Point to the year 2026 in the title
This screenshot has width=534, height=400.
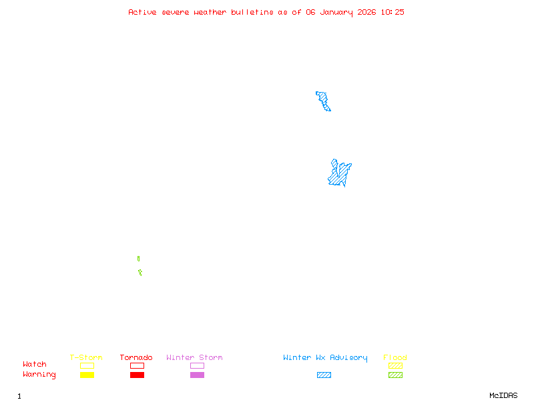click(x=366, y=12)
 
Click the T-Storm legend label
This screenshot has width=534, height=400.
click(x=86, y=358)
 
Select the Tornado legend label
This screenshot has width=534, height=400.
click(x=136, y=358)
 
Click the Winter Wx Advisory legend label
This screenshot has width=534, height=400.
click(x=325, y=358)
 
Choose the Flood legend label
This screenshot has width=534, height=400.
click(x=395, y=358)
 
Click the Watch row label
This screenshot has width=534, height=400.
click(x=35, y=365)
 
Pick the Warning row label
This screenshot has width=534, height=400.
click(x=39, y=375)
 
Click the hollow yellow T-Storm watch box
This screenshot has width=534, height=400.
click(x=87, y=365)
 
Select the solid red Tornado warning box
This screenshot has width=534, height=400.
click(x=137, y=375)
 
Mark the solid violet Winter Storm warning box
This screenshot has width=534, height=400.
click(x=197, y=375)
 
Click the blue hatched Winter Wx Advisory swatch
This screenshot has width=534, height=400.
click(x=324, y=375)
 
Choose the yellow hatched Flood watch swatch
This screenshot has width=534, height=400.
click(x=395, y=365)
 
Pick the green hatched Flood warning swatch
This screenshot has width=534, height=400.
click(x=395, y=375)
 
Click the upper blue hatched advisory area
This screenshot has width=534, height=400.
click(x=324, y=101)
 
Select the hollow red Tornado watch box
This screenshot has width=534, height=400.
click(x=137, y=365)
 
